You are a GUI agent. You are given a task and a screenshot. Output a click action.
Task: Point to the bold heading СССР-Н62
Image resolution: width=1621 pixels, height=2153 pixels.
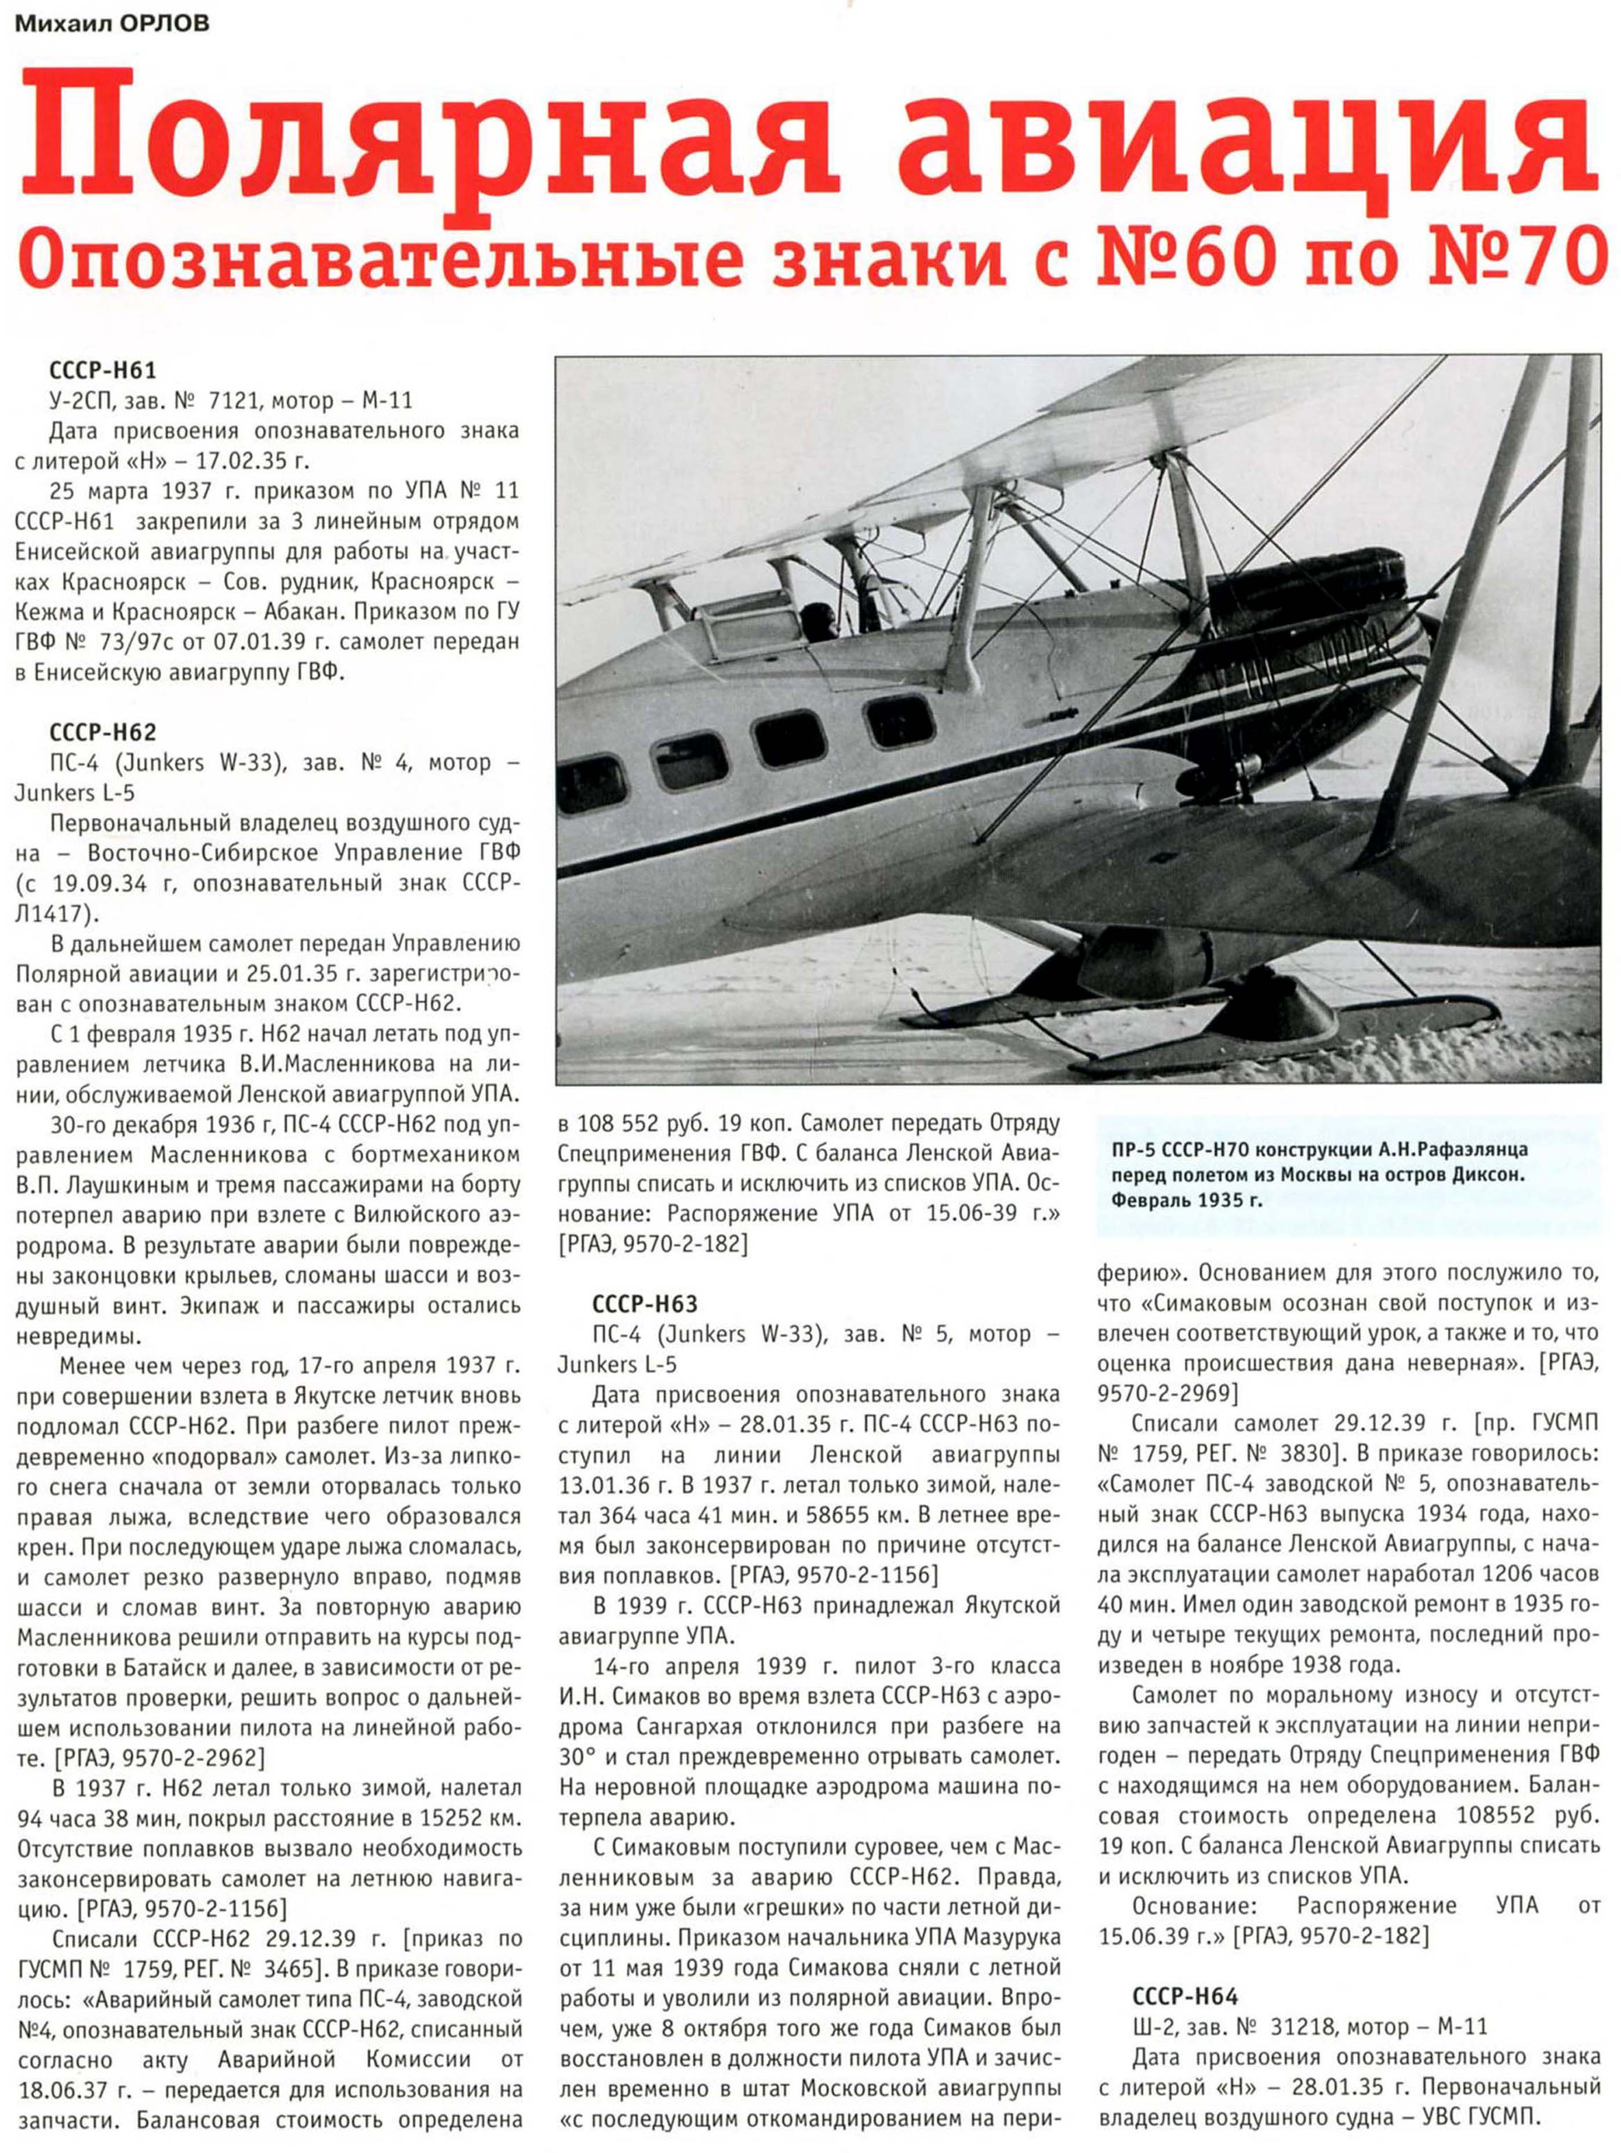point(102,732)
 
